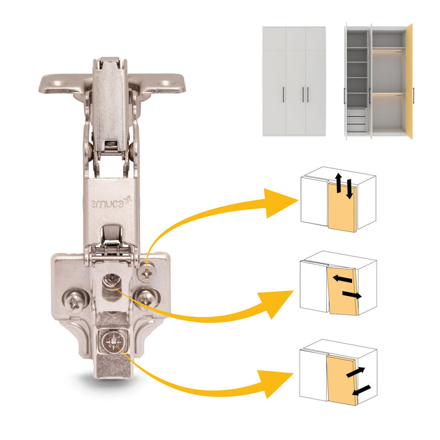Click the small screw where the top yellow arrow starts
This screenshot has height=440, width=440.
coord(147,272)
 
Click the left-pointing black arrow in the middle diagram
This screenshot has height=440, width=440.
coord(342,277)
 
